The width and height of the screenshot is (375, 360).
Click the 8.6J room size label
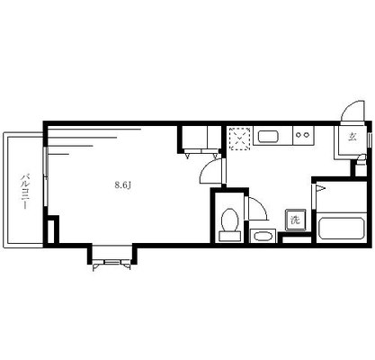pos(123,185)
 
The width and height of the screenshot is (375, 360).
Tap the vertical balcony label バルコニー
pos(25,191)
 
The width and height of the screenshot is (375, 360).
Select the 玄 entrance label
pos(353,137)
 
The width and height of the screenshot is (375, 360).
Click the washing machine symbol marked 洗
pos(296,220)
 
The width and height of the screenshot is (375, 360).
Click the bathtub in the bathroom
pos(342,228)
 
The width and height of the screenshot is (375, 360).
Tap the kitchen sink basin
pos(269,137)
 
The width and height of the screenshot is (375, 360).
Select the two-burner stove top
pos(303,135)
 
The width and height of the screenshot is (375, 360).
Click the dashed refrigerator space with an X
pos(239,139)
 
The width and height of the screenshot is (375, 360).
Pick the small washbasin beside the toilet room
pos(263,236)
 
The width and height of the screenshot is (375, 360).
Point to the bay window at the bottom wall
pos(112,256)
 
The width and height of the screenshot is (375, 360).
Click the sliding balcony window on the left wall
pos(46,176)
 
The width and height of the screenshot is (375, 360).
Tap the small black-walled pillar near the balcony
pos(51,229)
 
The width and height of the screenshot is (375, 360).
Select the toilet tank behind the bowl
pos(230,236)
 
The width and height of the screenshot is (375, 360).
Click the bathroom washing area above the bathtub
pos(342,196)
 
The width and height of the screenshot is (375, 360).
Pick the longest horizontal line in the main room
pos(94,130)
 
